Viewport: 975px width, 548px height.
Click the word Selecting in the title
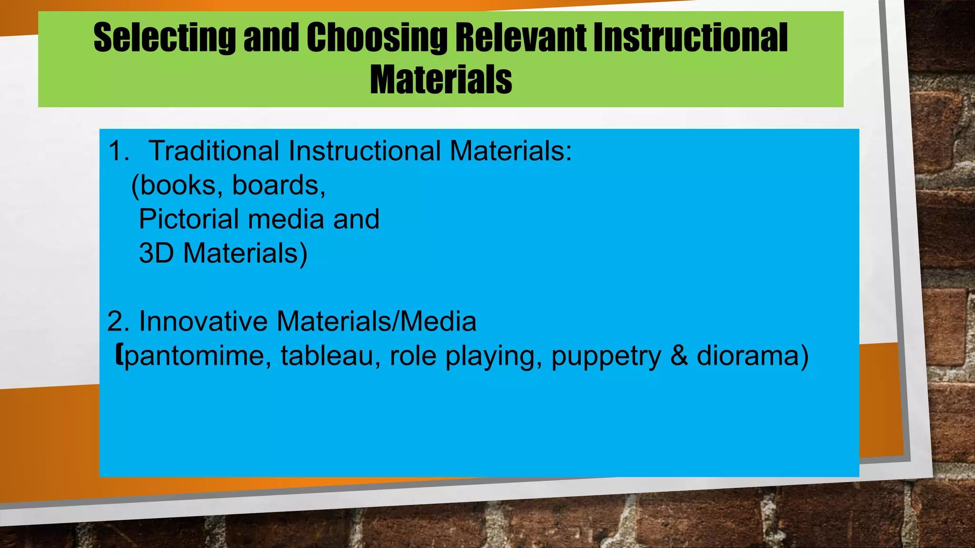point(164,38)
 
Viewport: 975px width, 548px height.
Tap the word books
point(178,185)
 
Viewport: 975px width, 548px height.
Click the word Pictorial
point(189,219)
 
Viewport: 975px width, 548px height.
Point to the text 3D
point(156,253)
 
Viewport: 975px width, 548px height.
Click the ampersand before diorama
point(679,356)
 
